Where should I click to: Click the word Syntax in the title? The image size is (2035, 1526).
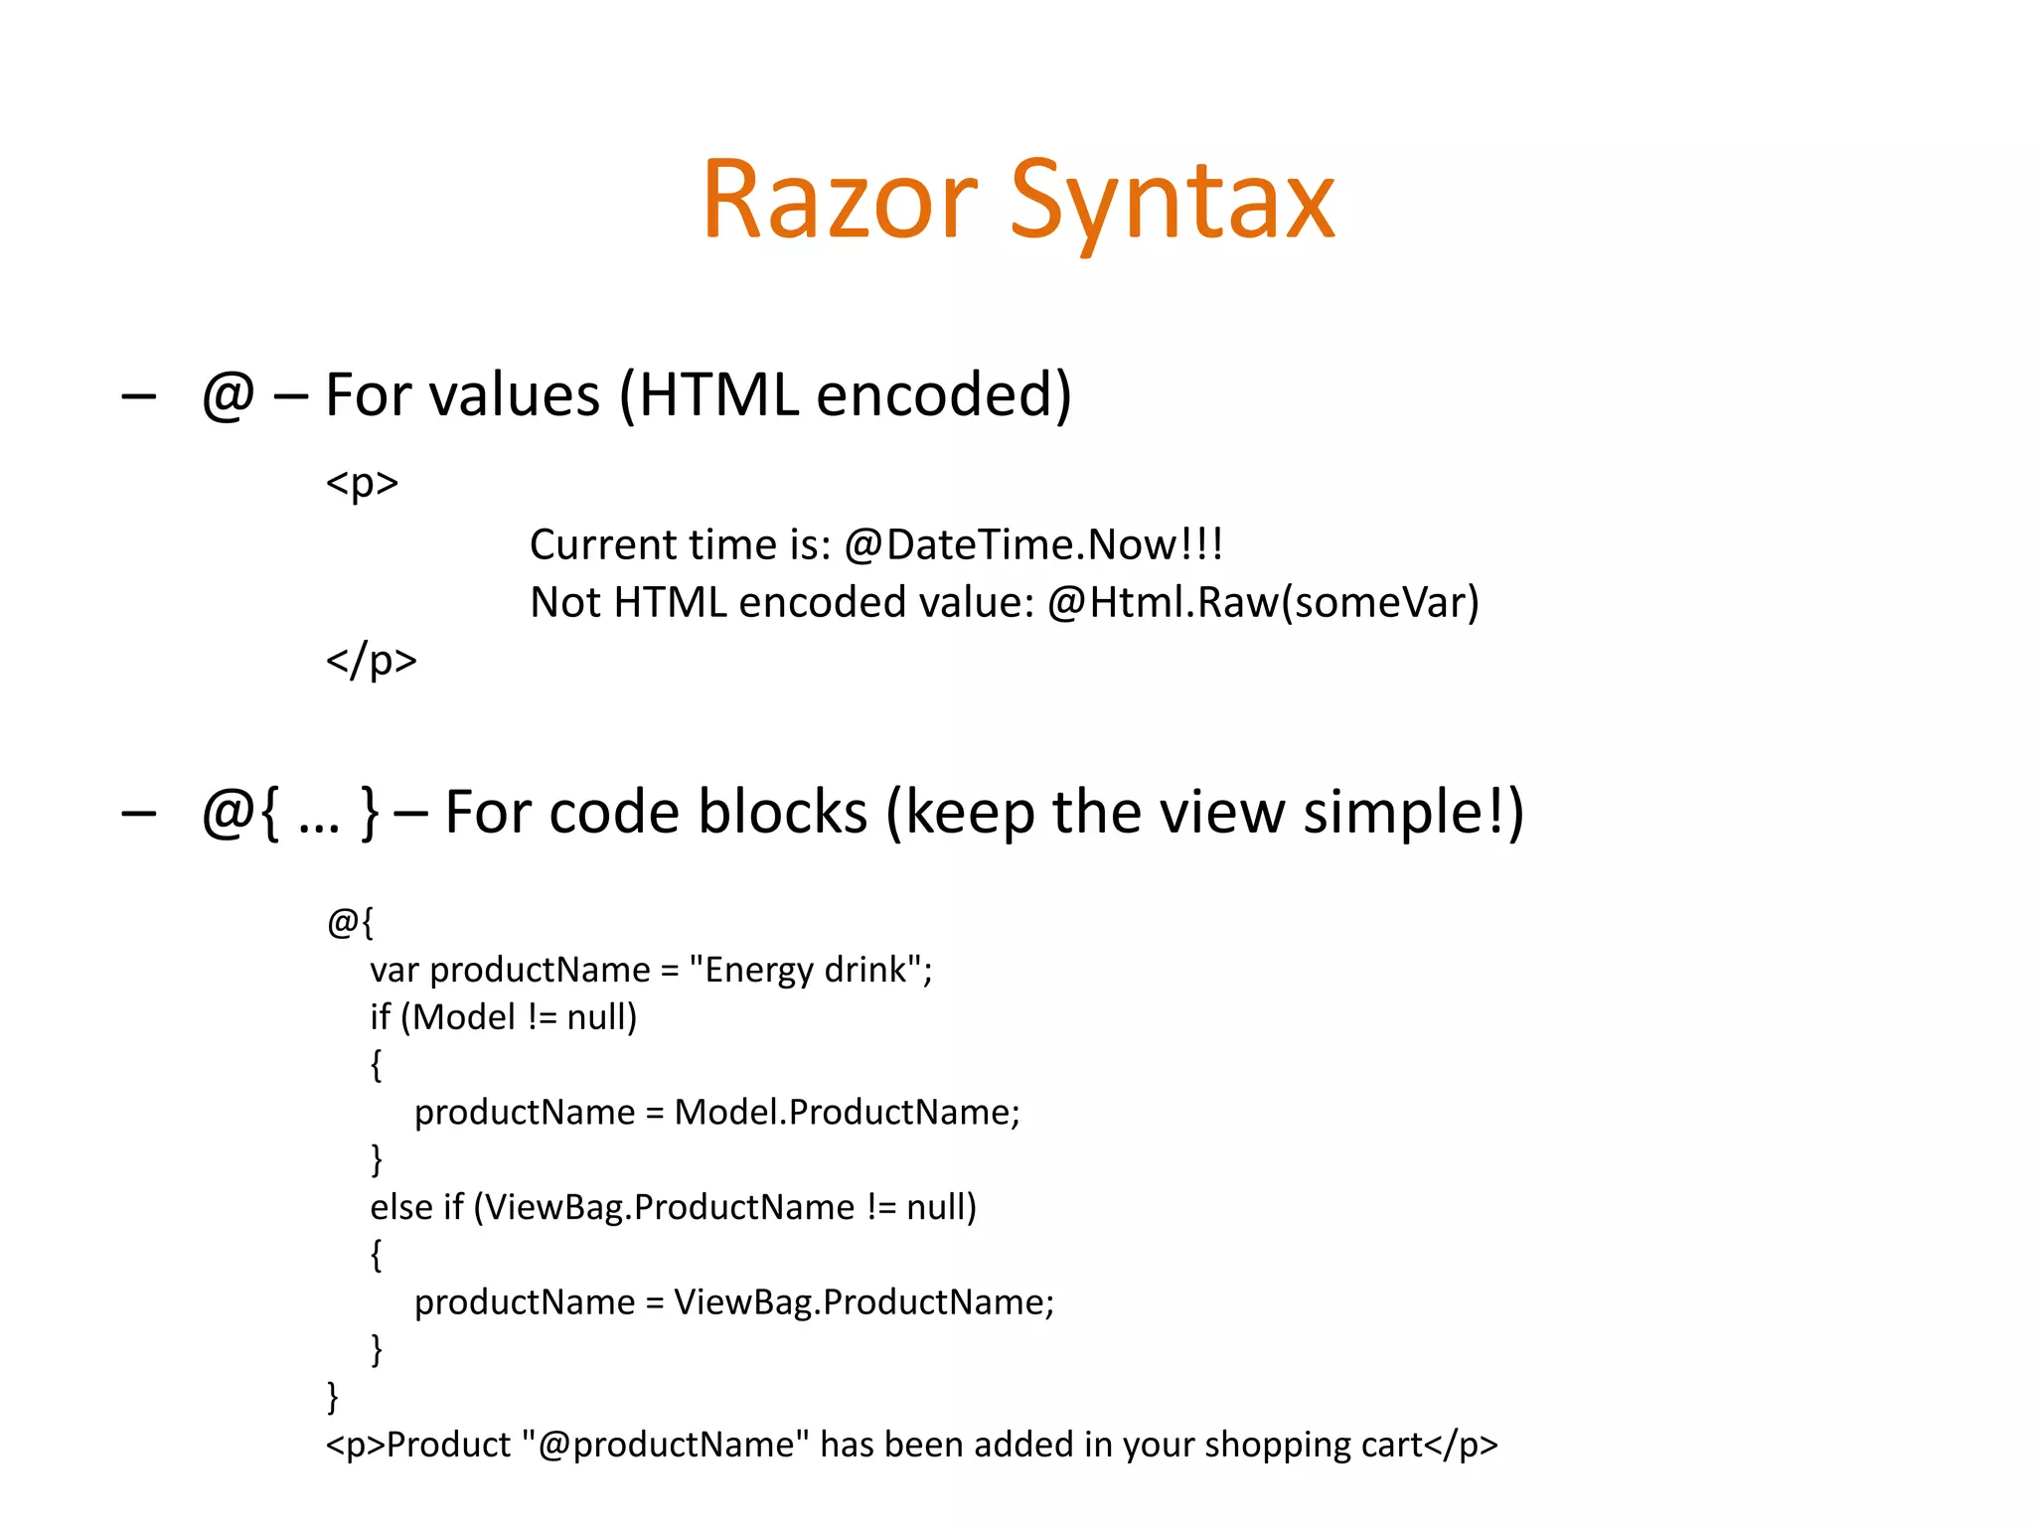click(1173, 202)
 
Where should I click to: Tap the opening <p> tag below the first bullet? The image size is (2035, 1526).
click(362, 483)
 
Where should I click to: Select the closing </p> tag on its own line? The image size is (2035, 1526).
click(372, 660)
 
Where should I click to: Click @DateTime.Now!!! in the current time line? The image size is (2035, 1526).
click(1033, 544)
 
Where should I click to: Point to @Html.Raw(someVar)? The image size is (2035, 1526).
click(1263, 603)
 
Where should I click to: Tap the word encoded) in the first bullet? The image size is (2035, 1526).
click(944, 394)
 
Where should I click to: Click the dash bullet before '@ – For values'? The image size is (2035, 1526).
click(138, 396)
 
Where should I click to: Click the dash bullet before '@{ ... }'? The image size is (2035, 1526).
click(138, 814)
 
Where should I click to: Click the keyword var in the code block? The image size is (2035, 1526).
click(393, 970)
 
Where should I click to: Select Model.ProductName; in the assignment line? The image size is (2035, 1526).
click(847, 1112)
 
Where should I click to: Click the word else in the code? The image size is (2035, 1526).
click(400, 1207)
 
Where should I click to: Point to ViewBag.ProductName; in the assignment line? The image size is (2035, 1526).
click(863, 1302)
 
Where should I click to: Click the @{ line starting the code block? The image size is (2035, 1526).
click(350, 922)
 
